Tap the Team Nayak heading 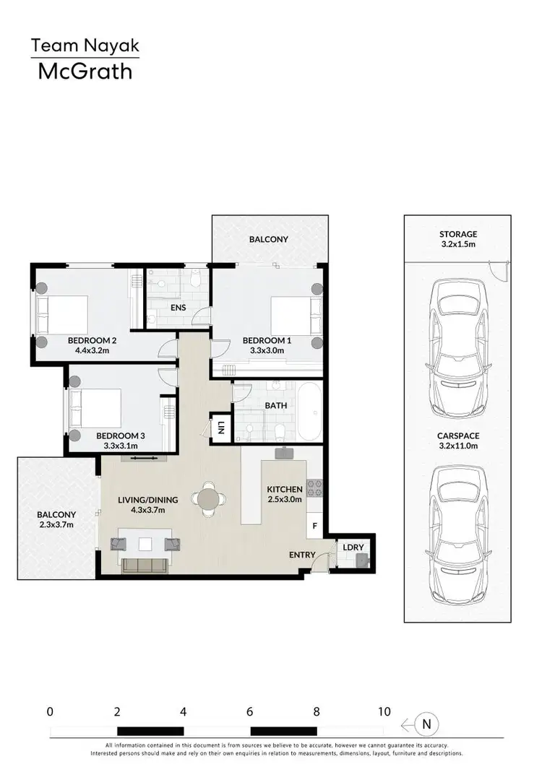point(85,46)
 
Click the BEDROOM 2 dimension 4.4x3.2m point(92,351)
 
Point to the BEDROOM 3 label point(121,435)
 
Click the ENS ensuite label point(178,308)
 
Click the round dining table point(208,498)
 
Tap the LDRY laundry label point(353,547)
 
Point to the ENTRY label point(302,555)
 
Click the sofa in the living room point(145,564)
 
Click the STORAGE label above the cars point(458,234)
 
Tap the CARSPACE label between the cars point(458,435)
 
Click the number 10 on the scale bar point(384,711)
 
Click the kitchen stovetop point(314,488)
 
